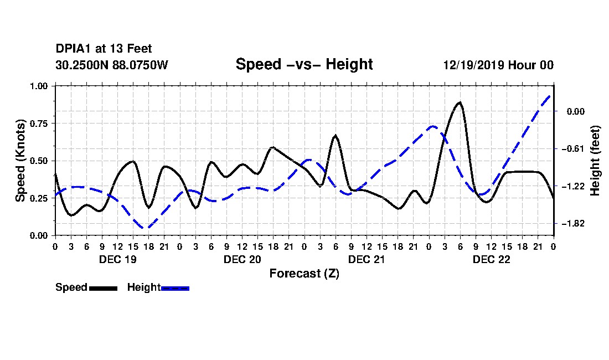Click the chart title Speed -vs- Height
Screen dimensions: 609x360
(x=304, y=64)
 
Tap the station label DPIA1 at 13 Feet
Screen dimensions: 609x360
(x=104, y=49)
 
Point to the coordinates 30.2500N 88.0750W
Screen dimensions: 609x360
(x=112, y=65)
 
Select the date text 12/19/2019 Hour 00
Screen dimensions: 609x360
(x=498, y=65)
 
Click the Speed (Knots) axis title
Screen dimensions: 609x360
(x=20, y=161)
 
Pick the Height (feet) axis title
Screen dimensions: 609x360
(x=595, y=161)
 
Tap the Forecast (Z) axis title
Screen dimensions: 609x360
(x=304, y=274)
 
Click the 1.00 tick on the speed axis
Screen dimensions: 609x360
(x=39, y=86)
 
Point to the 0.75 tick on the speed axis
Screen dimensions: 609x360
(x=39, y=124)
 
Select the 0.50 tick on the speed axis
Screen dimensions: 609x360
(x=39, y=161)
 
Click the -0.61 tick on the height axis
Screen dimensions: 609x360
(x=575, y=149)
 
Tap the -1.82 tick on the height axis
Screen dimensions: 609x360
(x=575, y=224)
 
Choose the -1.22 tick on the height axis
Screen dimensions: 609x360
(x=575, y=187)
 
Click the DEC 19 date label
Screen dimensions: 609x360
(x=118, y=259)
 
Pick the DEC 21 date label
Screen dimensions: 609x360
(x=367, y=259)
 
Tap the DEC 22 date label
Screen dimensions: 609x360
(x=491, y=259)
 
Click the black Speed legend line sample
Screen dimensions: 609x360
(x=103, y=288)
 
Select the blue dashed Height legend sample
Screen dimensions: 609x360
(x=175, y=288)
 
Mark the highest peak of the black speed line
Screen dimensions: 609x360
(x=460, y=102)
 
